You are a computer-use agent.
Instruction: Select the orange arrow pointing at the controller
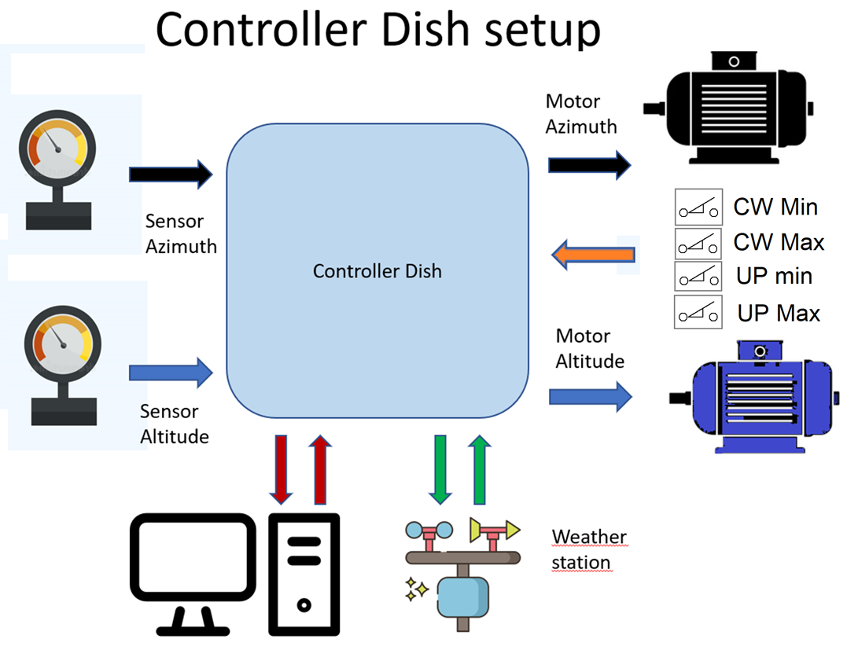tap(593, 255)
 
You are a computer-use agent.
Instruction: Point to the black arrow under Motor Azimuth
tap(589, 164)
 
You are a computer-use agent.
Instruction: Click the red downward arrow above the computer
tap(281, 469)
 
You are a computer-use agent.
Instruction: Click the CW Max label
tap(779, 242)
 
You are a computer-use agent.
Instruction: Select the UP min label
tap(774, 277)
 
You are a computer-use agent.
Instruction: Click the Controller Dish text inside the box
tap(377, 271)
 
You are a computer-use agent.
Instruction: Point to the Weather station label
tap(588, 549)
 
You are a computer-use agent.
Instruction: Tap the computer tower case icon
tap(304, 574)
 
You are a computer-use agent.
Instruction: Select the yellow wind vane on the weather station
tap(493, 530)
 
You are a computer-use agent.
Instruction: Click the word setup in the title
tap(525, 29)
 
